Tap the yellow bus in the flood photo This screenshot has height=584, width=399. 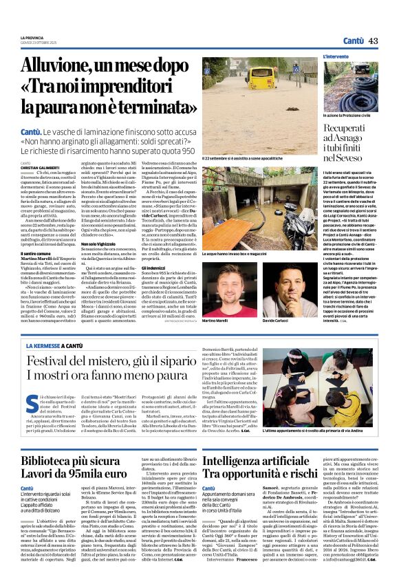coord(265,74)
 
